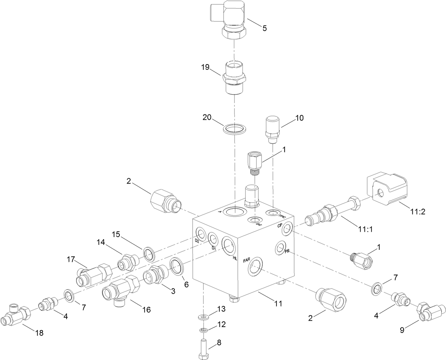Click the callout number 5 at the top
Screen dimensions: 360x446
(x=264, y=28)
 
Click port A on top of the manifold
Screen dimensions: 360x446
(x=235, y=212)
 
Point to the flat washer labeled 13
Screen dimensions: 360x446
(x=203, y=316)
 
